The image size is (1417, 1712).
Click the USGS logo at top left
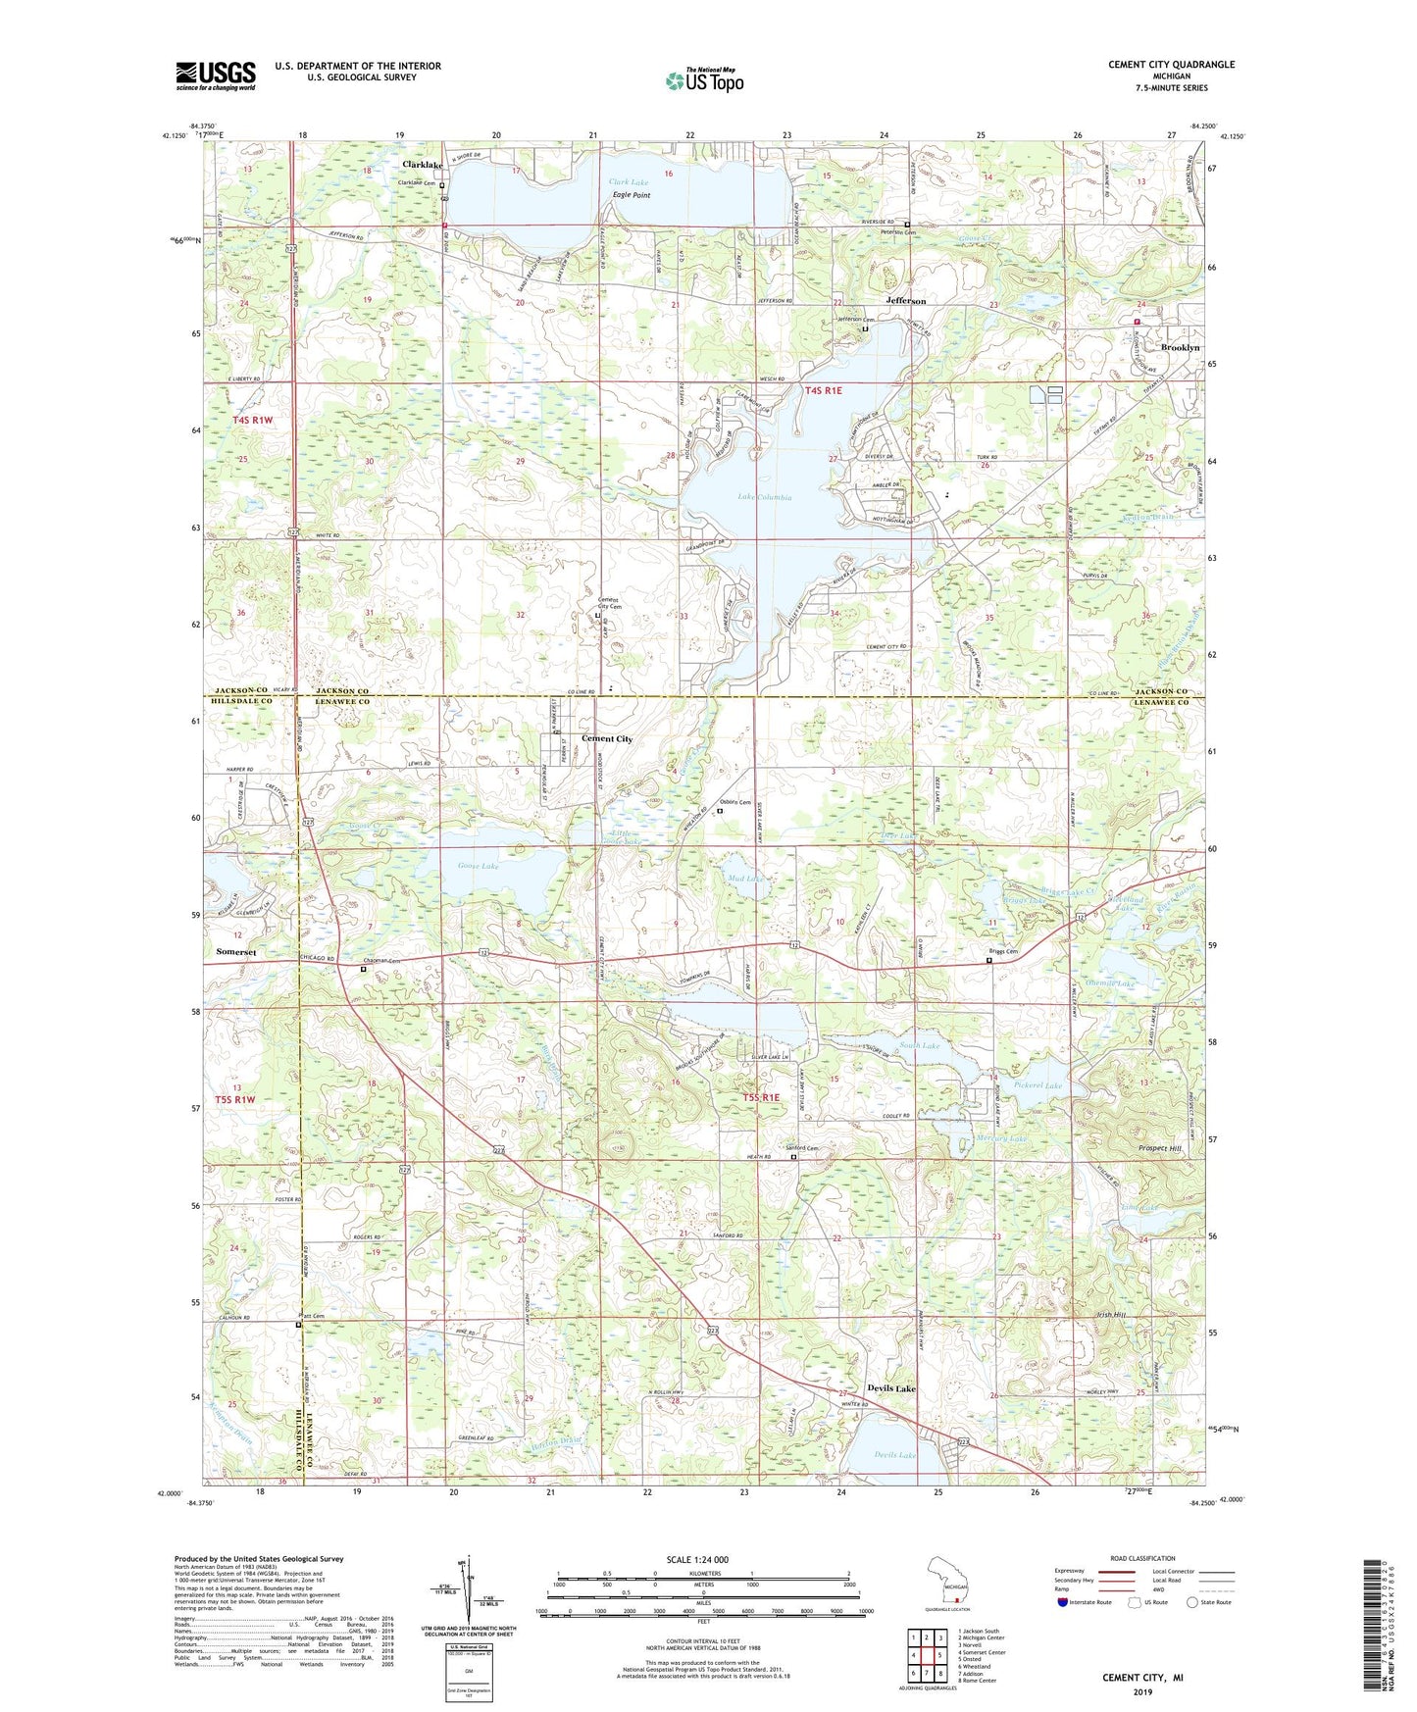pos(216,76)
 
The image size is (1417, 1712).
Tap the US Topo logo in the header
pos(704,80)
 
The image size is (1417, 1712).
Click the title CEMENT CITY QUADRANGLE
pos(1171,65)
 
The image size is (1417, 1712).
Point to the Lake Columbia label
pos(764,497)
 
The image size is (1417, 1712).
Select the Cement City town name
pos(607,738)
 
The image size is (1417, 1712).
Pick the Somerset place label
pos(235,952)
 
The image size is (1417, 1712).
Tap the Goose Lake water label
pos(478,866)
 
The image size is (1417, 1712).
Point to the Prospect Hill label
pos(1160,1148)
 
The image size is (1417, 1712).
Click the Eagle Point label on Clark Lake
pos(632,195)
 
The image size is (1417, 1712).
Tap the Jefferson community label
pos(905,301)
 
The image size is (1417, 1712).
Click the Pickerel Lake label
pos(1039,1085)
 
